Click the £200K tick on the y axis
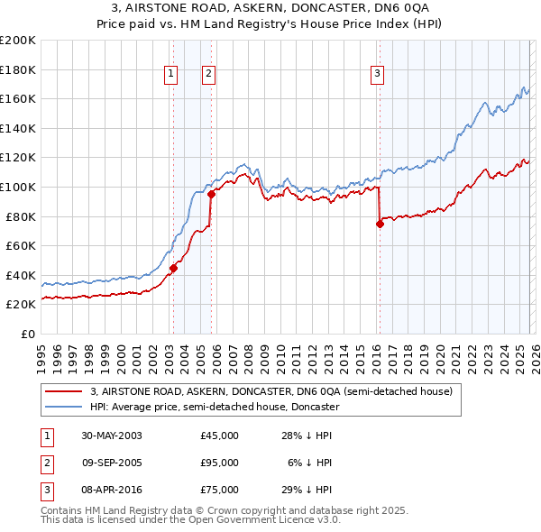pyautogui.click(x=18, y=41)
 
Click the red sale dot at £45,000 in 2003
pyautogui.click(x=173, y=268)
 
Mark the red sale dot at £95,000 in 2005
pyautogui.click(x=210, y=194)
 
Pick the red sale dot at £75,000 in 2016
pyautogui.click(x=379, y=225)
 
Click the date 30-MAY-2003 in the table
pyautogui.click(x=112, y=436)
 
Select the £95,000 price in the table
pyautogui.click(x=220, y=463)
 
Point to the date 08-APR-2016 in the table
pyautogui.click(x=112, y=490)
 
